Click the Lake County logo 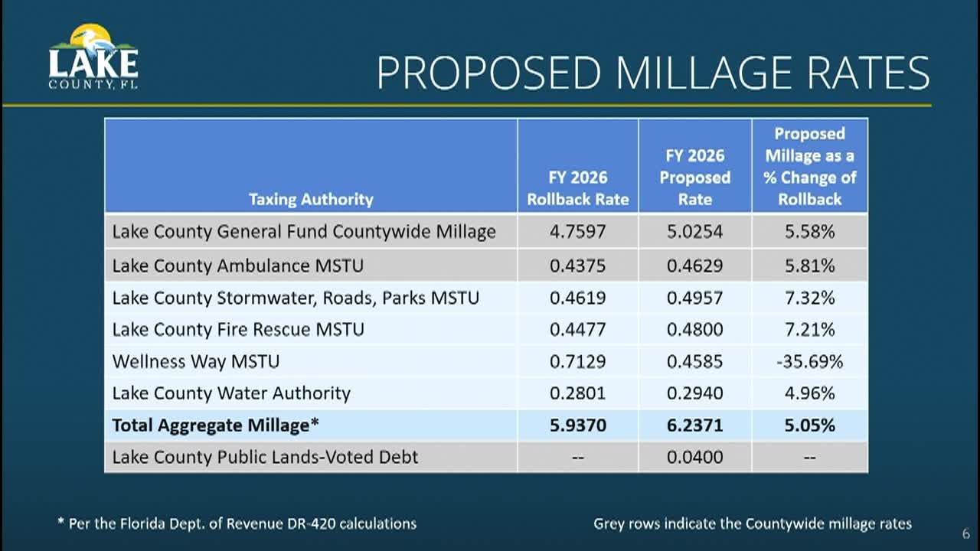(x=93, y=58)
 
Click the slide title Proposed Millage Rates (x=652, y=73)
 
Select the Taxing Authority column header (x=311, y=200)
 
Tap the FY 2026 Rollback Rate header (x=578, y=188)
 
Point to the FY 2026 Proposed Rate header (x=695, y=178)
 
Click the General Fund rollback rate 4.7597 (x=578, y=231)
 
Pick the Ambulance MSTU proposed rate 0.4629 (x=695, y=266)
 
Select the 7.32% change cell (x=809, y=298)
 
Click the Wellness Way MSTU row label (x=196, y=361)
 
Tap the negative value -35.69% (x=809, y=361)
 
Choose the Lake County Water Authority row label (x=231, y=393)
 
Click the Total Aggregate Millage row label (x=216, y=425)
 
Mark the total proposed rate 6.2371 (x=695, y=425)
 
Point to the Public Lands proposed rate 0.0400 (x=695, y=458)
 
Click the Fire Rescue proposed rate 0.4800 (x=695, y=330)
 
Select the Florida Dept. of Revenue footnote (x=237, y=524)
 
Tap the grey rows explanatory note (x=753, y=524)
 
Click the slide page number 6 (x=965, y=534)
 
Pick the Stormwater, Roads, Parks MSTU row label (x=296, y=298)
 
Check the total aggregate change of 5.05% (x=809, y=425)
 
